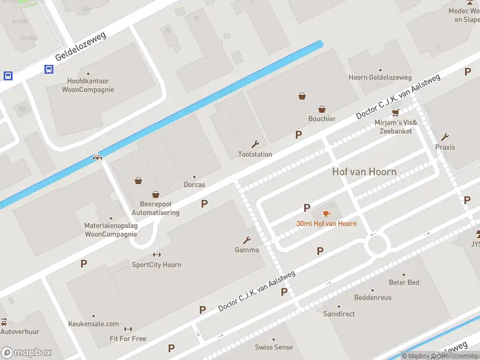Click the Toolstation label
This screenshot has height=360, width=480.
coord(255,154)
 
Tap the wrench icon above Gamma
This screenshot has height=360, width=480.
coord(247,240)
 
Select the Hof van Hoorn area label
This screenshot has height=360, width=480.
coord(364,172)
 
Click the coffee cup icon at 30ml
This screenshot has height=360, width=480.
coord(326,214)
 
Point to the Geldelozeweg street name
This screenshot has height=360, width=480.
coord(80,46)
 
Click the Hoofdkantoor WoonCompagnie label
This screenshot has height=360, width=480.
coord(88,85)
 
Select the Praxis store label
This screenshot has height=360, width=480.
coord(445,147)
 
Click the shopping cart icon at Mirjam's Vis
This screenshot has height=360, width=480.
coord(395,113)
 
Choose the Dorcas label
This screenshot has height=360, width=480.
coord(194,185)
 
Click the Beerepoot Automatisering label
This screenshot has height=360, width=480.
coord(155,208)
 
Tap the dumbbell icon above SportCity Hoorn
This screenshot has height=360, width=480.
coord(157,255)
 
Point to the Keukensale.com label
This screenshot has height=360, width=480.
coord(93,324)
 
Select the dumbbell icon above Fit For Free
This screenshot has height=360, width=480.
coord(128,329)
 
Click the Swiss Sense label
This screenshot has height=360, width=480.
coord(274,347)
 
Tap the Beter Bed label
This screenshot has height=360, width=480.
coord(404,282)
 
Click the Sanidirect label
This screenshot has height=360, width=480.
coord(339,314)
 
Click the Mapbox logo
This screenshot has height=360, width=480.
coord(26,353)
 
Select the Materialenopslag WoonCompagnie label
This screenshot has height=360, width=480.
coord(110,230)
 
